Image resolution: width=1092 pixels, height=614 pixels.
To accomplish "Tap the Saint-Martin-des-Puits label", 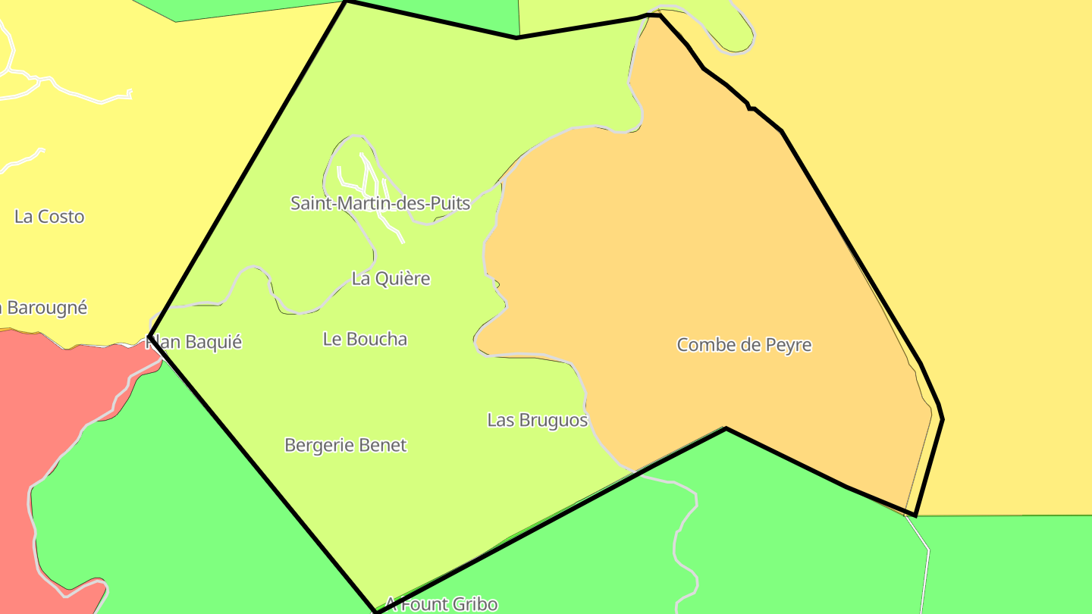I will tap(380, 203).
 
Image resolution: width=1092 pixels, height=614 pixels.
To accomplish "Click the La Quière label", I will tap(391, 278).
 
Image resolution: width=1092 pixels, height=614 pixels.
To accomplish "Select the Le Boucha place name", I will tap(365, 339).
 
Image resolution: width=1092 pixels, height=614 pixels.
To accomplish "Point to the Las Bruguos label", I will tap(537, 420).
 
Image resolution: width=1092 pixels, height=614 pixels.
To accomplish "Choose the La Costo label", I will tap(49, 216).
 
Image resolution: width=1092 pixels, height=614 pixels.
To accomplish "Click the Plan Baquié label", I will tap(194, 342).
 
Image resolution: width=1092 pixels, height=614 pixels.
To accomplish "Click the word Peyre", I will tap(786, 345).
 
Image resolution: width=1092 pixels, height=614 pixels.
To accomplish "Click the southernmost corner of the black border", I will tap(376, 611).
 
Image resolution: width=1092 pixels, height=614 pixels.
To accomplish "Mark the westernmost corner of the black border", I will tap(149, 336).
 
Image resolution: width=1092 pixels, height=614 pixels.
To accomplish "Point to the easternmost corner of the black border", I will tap(942, 418).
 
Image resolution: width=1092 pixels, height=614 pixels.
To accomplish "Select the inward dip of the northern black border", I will tap(517, 37).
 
